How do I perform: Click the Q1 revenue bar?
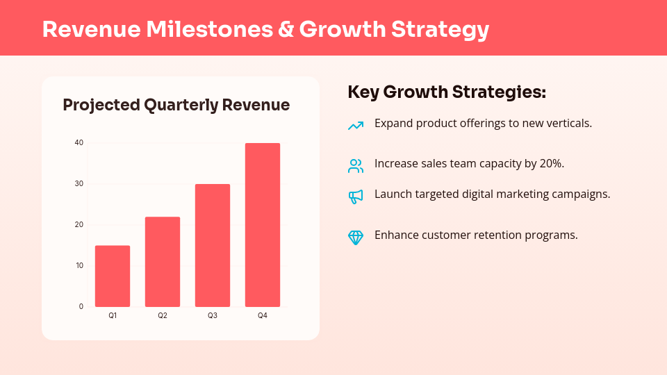113,276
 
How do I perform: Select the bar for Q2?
163,262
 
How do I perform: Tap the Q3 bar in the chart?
213,245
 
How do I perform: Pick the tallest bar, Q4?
263,225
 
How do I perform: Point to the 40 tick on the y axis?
79,143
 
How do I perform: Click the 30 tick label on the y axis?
79,184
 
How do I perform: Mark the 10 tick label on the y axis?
79,265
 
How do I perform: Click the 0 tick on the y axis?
81,306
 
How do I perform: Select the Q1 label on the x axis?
113,316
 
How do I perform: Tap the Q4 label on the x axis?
263,316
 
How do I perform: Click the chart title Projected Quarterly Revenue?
176,106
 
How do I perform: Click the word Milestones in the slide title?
218,30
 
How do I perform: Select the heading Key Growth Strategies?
446,92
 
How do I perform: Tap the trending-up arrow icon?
356,126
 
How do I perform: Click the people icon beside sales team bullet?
356,166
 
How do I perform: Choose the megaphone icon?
356,197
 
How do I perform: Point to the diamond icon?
356,237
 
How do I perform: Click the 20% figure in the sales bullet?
548,164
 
